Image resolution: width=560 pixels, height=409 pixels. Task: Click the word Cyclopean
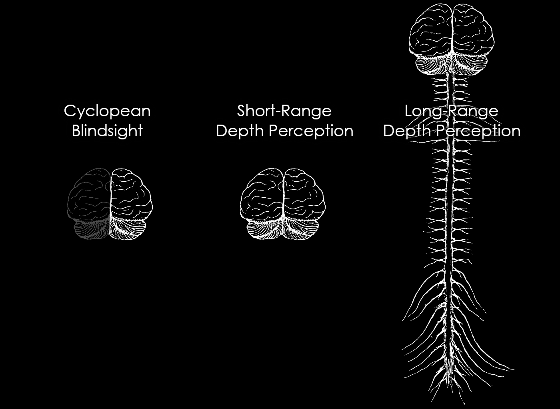pos(107,111)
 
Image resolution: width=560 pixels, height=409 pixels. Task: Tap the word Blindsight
pos(107,131)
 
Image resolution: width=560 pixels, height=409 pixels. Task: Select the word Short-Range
pos(284,111)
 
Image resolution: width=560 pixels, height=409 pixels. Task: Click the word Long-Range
pos(451,111)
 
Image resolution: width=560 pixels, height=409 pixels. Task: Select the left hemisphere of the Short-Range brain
pos(262,196)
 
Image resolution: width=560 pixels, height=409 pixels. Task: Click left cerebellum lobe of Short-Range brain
pos(265,230)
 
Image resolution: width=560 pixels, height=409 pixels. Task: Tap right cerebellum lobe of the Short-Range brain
pos(301,230)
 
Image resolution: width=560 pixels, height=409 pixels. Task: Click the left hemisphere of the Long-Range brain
pos(430,32)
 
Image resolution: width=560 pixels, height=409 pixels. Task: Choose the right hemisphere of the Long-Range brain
pos(473,32)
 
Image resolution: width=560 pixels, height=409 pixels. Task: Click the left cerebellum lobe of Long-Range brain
pos(433,64)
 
